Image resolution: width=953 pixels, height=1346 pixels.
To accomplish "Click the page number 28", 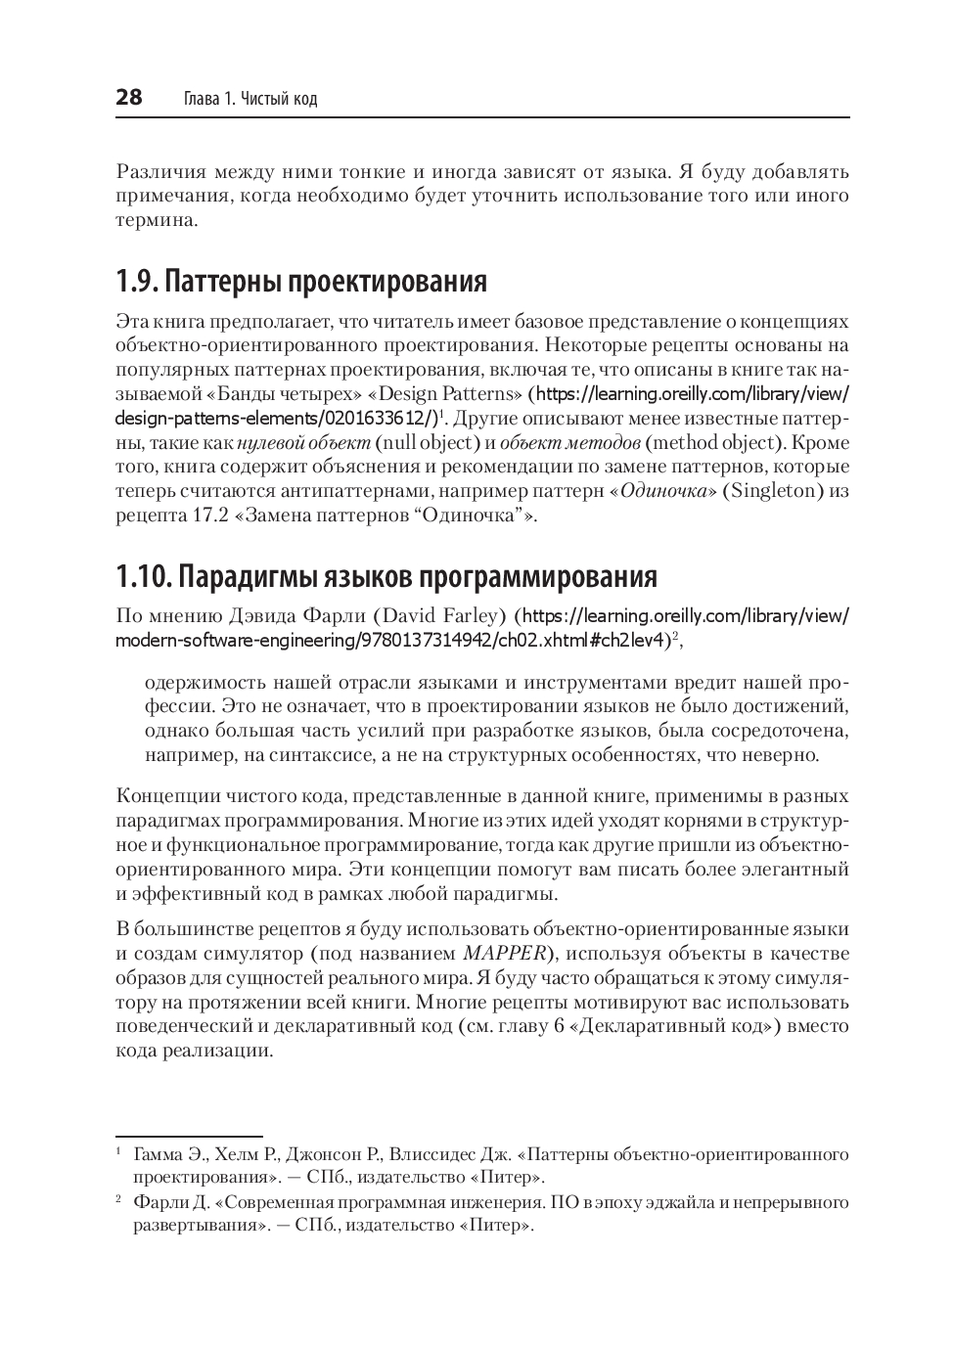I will pyautogui.click(x=129, y=98).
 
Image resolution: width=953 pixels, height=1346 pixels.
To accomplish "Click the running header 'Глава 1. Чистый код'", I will pyautogui.click(x=250, y=99).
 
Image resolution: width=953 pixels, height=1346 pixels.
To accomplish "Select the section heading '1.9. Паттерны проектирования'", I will pyautogui.click(x=301, y=282).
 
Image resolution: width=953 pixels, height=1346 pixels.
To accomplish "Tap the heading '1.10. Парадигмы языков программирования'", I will pyautogui.click(x=386, y=576).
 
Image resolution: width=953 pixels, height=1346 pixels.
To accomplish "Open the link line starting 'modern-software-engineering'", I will pyautogui.click(x=391, y=641).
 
